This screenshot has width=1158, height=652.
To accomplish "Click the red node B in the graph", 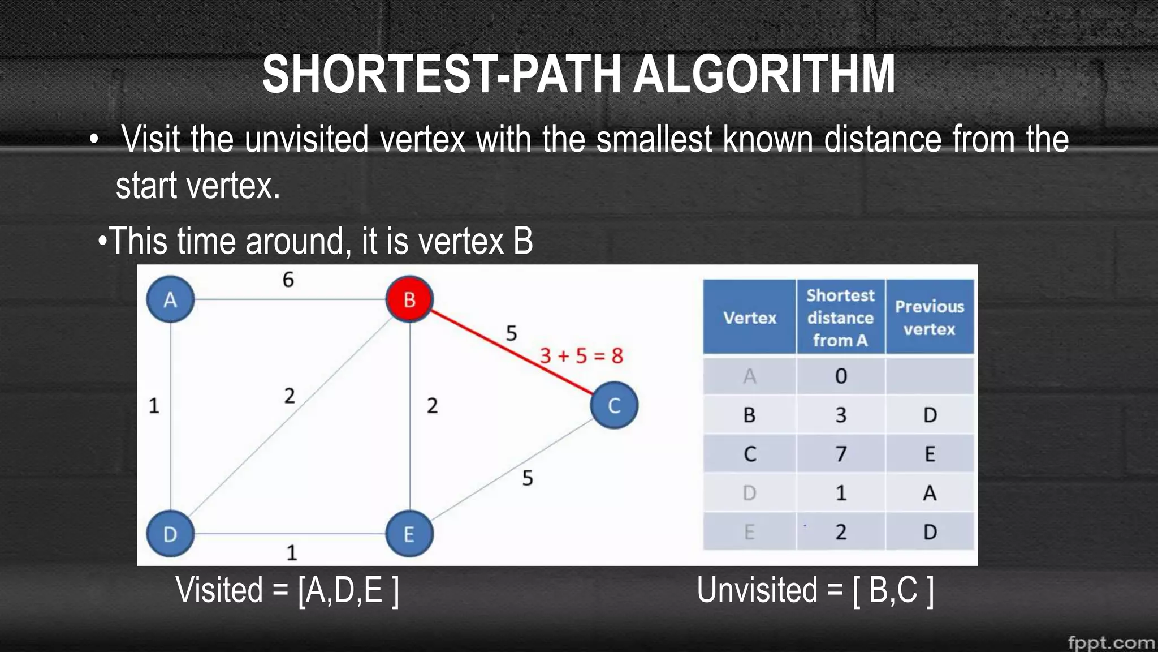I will [409, 299].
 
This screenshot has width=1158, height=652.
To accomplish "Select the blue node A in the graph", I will [170, 299].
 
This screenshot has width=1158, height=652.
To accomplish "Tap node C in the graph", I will [614, 405].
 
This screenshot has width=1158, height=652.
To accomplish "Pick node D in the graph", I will [170, 534].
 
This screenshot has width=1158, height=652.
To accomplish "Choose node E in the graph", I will [409, 534].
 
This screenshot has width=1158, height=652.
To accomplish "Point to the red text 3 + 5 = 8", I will [581, 356].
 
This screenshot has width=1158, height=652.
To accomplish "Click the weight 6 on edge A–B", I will [288, 280].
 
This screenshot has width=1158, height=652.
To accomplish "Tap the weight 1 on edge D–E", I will [292, 552].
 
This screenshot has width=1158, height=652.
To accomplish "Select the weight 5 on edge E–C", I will [528, 479].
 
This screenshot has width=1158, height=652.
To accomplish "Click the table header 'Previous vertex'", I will [930, 318].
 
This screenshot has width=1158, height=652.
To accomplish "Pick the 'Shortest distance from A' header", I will [840, 318].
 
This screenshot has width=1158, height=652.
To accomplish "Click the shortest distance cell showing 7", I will [841, 454].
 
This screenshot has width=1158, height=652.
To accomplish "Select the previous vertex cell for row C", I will [930, 454].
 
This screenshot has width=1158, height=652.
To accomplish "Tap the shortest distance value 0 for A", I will [841, 376].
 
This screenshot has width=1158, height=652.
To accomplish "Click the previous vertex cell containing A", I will [930, 493].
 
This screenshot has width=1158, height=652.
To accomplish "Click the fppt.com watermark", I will [1111, 643].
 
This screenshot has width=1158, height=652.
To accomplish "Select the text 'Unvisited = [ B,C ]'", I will [815, 590].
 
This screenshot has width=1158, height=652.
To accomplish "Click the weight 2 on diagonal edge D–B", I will [289, 396].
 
